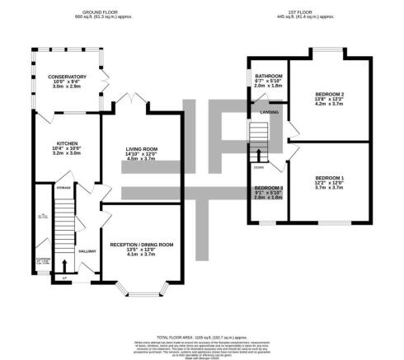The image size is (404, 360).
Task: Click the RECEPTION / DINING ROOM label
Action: (x=142, y=244)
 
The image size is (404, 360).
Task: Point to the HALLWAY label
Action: (x=87, y=250)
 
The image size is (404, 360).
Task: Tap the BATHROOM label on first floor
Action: (x=268, y=76)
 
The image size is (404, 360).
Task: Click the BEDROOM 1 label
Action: (x=329, y=178)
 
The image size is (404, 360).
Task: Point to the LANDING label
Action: (x=268, y=113)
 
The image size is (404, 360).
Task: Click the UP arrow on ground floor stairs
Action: (x=63, y=265)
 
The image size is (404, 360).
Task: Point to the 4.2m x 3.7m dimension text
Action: (x=328, y=108)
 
